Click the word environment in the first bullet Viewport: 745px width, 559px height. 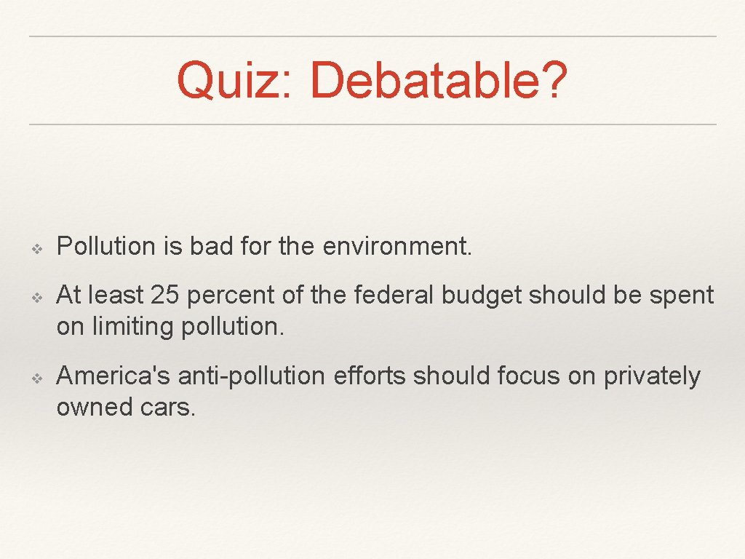click(x=397, y=247)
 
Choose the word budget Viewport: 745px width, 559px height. click(x=493, y=296)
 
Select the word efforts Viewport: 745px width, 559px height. click(x=369, y=376)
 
